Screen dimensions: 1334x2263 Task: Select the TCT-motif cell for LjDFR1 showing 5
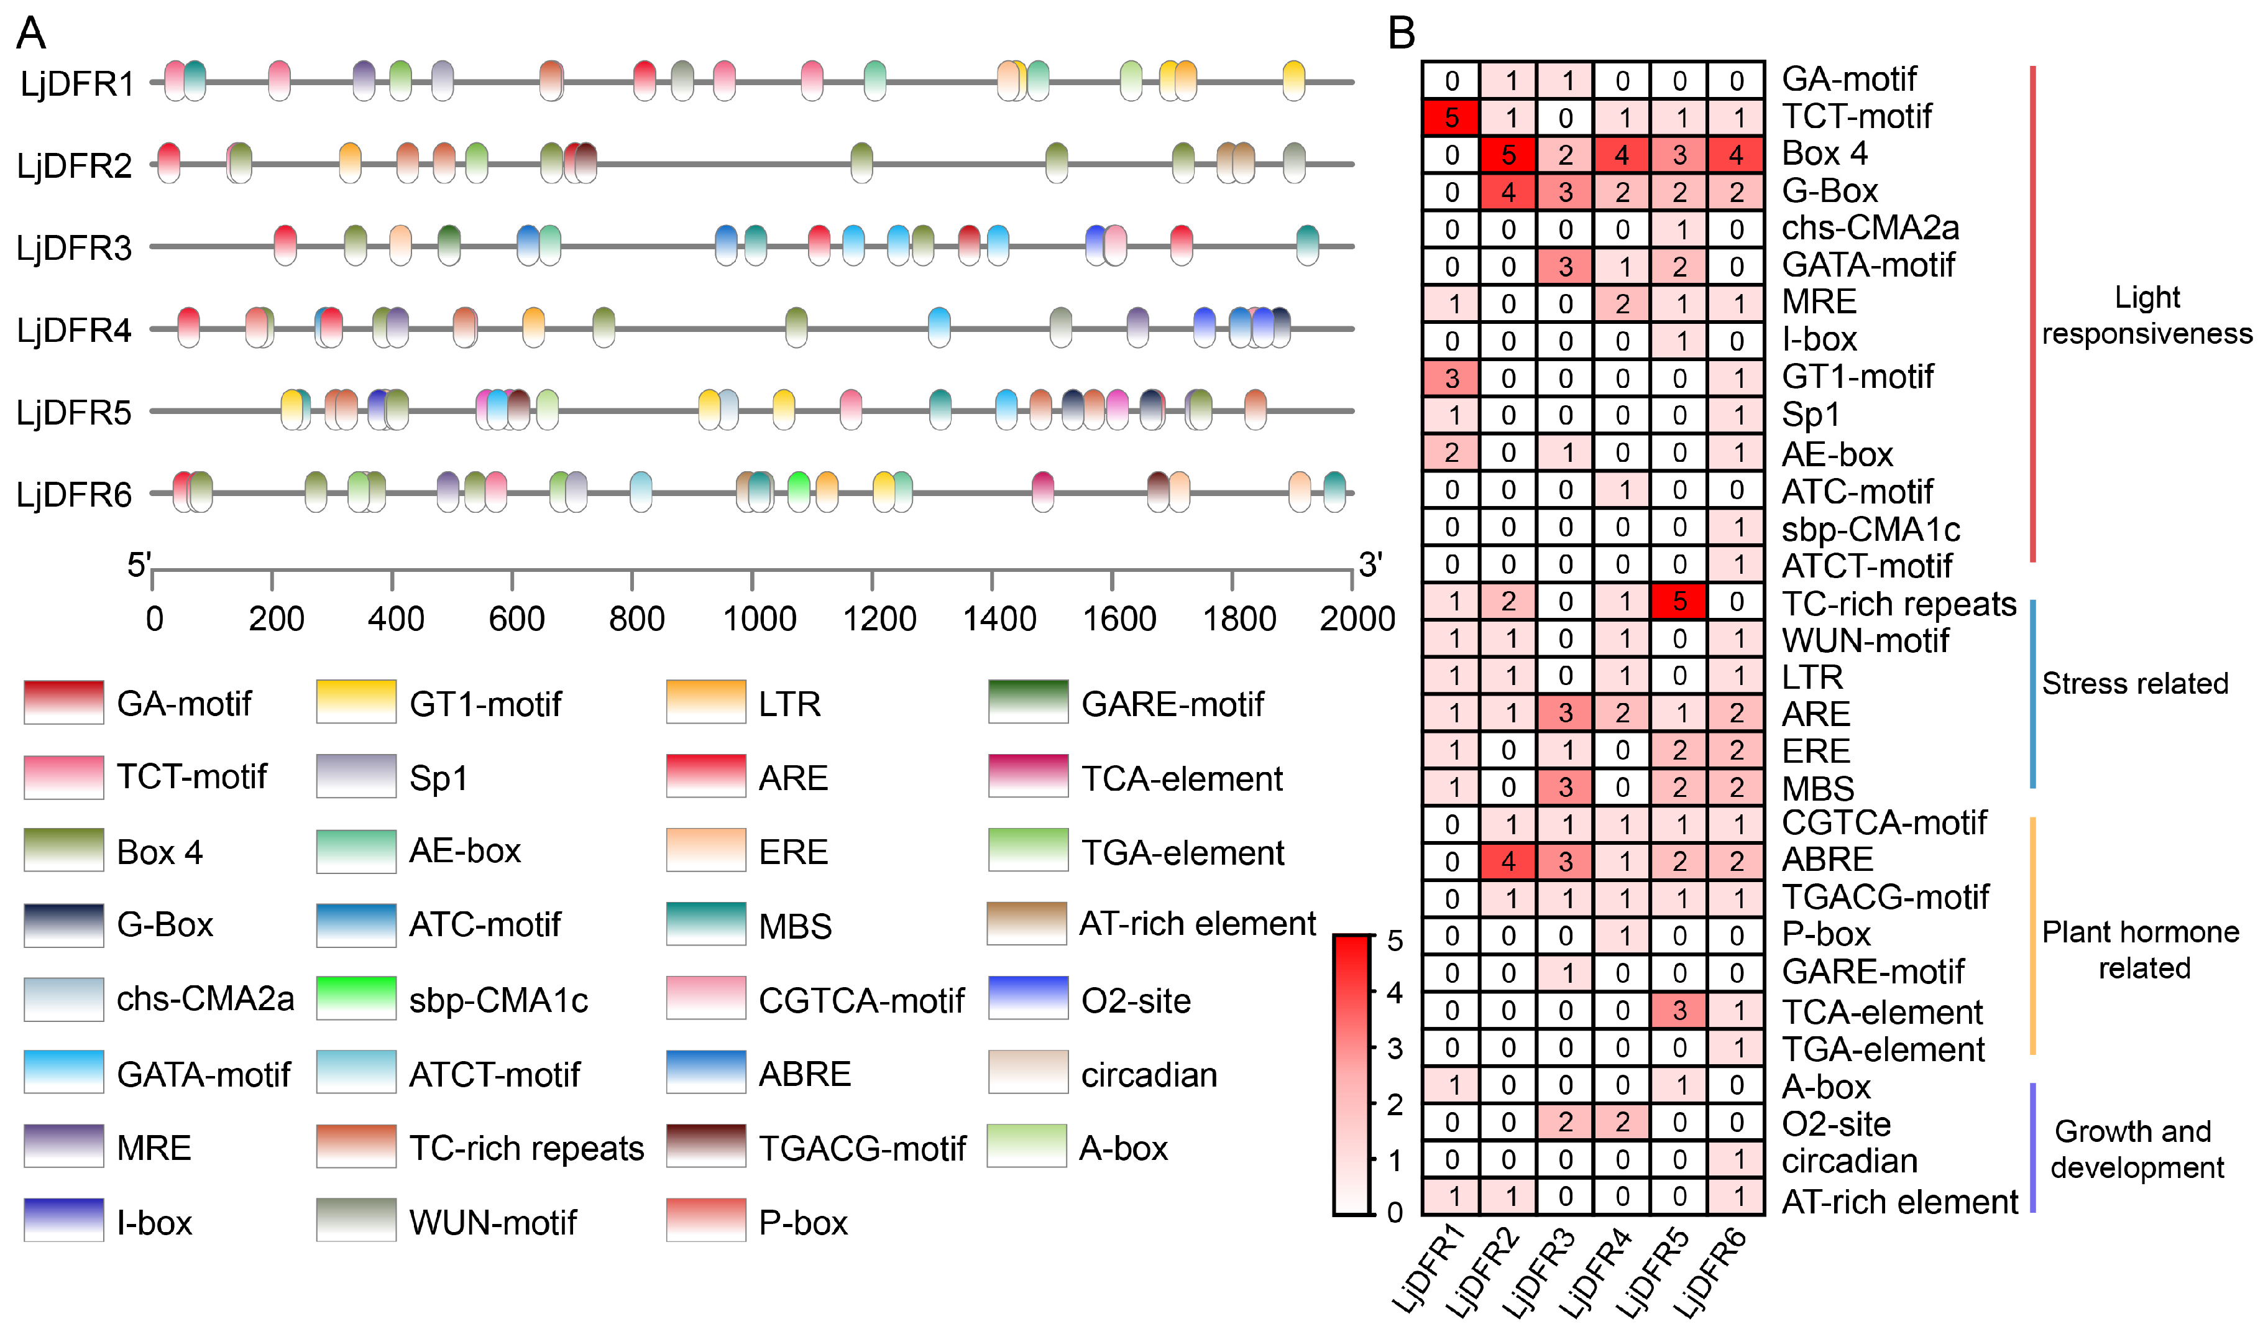(x=1451, y=117)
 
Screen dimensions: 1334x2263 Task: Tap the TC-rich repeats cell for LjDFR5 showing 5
(x=1678, y=601)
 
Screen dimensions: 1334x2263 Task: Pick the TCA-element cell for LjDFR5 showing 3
(x=1678, y=1010)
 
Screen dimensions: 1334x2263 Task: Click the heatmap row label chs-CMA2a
(x=1870, y=228)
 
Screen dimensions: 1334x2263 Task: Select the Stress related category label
(x=2134, y=683)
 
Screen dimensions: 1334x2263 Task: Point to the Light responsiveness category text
(x=2146, y=316)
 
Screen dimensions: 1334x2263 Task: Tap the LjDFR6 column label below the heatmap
(x=1712, y=1272)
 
